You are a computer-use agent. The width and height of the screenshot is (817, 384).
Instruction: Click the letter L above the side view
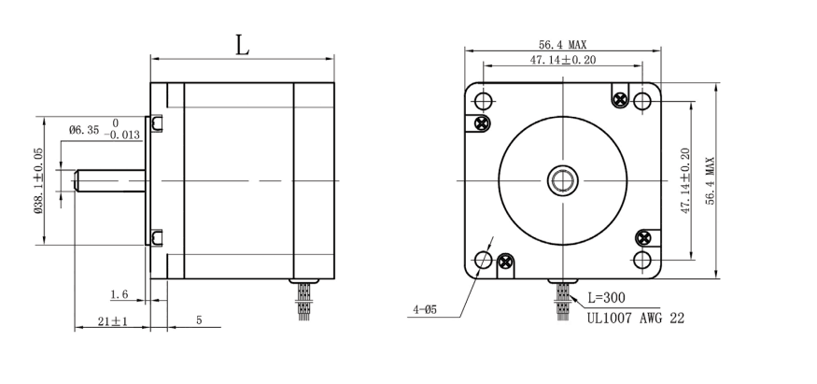click(242, 45)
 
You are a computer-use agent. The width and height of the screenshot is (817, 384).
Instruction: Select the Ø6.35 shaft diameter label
click(84, 129)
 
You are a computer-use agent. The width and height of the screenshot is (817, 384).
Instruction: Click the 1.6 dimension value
click(120, 294)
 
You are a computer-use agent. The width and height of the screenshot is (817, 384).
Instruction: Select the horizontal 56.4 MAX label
click(563, 44)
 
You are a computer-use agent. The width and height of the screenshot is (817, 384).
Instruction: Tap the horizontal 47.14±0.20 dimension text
click(563, 59)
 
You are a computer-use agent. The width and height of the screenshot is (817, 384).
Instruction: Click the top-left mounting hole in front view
click(484, 99)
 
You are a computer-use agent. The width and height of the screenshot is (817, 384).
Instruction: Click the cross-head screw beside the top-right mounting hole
click(620, 99)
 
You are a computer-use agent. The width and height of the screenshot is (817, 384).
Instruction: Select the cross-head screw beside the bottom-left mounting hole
click(506, 263)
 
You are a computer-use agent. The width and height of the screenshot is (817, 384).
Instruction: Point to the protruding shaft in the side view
click(102, 179)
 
